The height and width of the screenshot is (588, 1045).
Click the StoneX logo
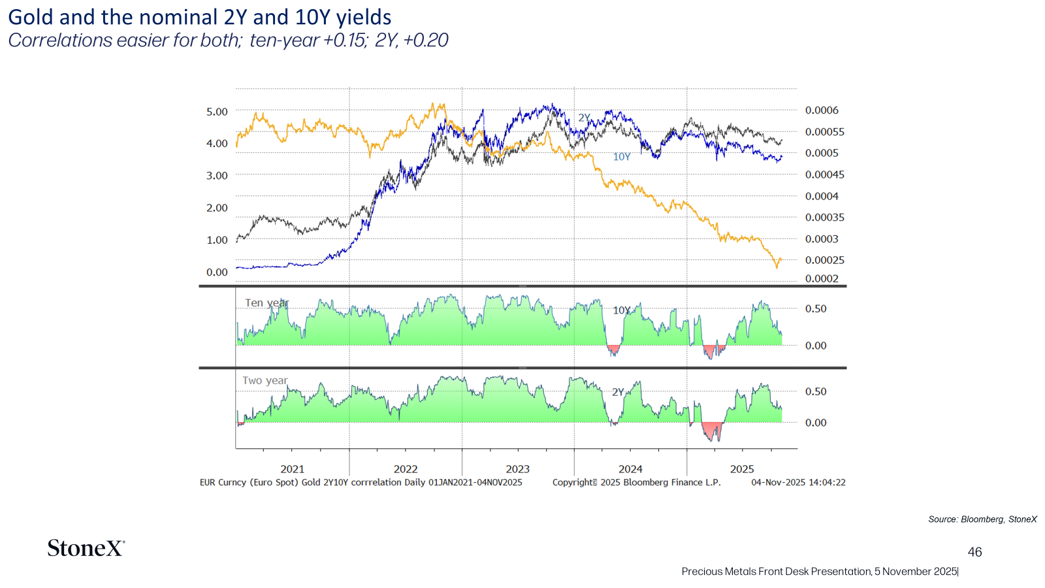tap(86, 548)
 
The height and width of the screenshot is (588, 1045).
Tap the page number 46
tap(974, 552)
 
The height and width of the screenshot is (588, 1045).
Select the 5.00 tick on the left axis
tap(217, 112)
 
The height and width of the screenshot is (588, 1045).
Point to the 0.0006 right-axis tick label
tap(822, 110)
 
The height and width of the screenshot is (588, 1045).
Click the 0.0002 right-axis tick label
tap(822, 278)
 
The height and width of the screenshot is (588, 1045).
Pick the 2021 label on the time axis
tap(292, 469)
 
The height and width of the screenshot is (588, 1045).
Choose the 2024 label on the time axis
tap(630, 469)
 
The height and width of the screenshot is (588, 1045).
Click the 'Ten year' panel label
tap(267, 303)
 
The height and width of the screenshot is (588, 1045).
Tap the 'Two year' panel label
tap(265, 380)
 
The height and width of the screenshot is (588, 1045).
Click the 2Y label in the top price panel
tap(584, 118)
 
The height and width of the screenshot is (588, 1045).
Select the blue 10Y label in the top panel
tap(621, 157)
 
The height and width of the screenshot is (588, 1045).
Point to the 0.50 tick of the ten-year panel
tap(816, 308)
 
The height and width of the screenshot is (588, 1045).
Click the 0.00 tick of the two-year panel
tap(816, 422)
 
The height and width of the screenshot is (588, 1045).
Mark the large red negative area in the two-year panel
tap(713, 429)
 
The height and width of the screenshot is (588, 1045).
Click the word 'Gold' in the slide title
tap(29, 17)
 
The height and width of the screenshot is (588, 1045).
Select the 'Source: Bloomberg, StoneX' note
tap(982, 519)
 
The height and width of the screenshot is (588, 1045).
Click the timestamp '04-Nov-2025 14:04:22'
tap(798, 483)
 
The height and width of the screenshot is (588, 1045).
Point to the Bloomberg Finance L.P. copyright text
tap(636, 483)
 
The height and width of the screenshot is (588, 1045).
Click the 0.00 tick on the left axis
tap(217, 272)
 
